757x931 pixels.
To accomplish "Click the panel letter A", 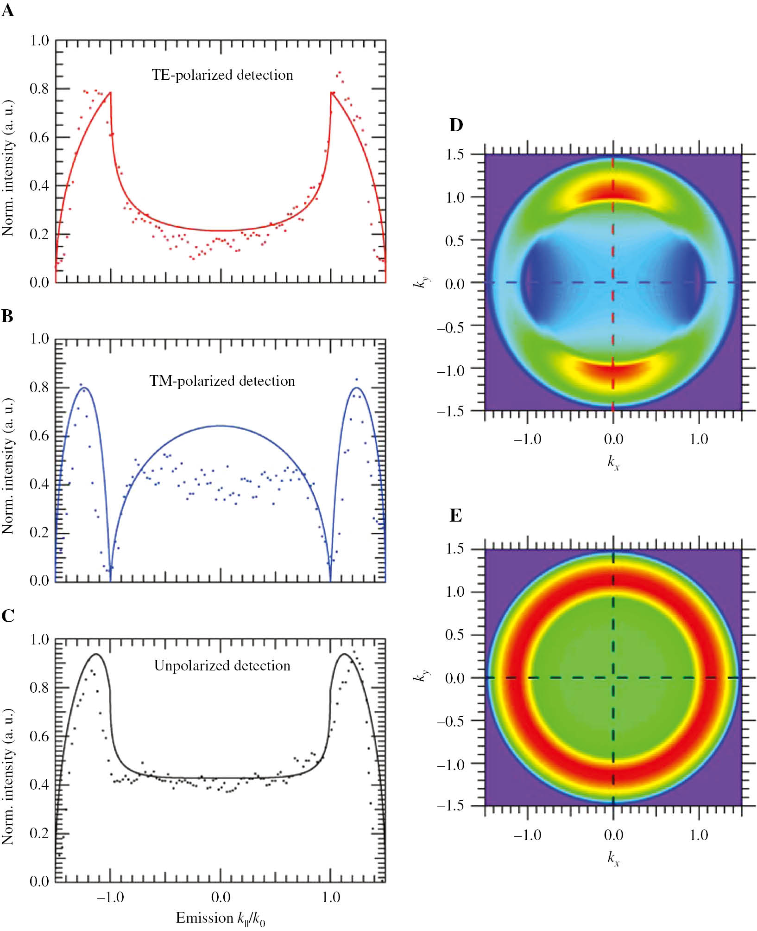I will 7,10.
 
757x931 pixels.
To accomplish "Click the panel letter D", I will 456,125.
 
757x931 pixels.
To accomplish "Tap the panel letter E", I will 455,516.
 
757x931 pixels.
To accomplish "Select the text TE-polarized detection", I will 222,75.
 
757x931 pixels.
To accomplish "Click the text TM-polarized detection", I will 222,381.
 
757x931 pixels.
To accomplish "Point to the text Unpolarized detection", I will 222,666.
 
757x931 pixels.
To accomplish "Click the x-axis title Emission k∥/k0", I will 221,918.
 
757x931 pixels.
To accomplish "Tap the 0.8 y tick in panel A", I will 39,89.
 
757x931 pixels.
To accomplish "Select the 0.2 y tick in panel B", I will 39,532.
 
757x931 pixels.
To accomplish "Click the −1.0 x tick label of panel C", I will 110,897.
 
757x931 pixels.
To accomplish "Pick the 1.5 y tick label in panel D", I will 454,154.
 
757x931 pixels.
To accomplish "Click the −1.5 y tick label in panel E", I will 450,805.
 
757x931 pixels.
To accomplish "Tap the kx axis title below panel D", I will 613,462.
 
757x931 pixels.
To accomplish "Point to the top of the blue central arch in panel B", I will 221,426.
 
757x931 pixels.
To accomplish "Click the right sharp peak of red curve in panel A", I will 331,92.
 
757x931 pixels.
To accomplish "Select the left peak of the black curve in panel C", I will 96,654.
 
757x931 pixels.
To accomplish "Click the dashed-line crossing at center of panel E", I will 613,678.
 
